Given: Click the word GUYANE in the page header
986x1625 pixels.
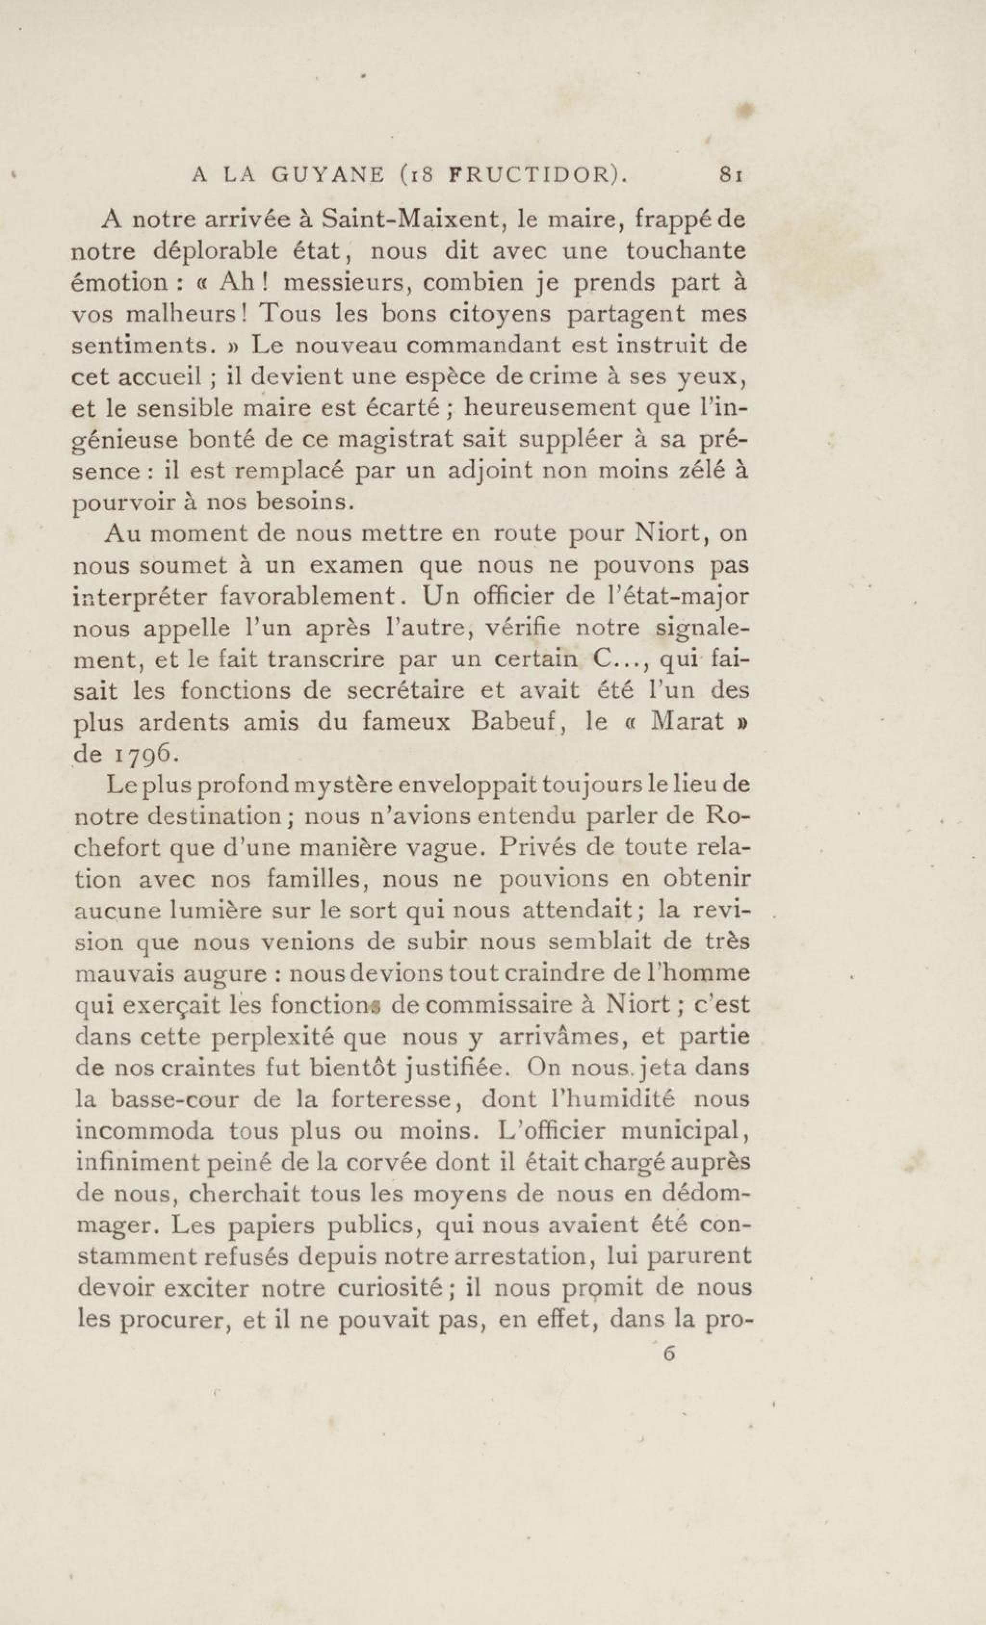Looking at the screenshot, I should tap(328, 175).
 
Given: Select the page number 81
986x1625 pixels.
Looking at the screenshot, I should tap(733, 175).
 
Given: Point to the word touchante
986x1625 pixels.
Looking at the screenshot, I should tap(686, 251).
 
